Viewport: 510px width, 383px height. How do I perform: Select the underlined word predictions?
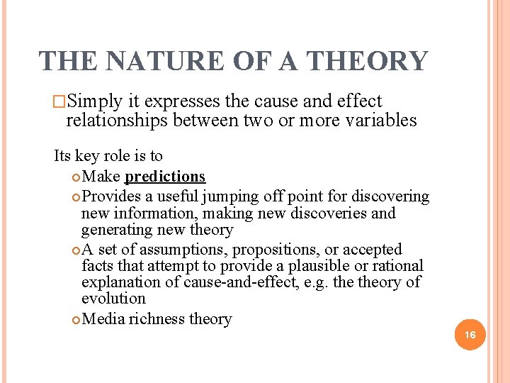tap(164, 177)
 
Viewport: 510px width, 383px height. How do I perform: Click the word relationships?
tap(116, 121)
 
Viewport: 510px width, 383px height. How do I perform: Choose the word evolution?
tap(113, 299)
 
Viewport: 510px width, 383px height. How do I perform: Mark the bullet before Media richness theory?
tap(77, 320)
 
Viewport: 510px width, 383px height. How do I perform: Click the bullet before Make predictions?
tap(77, 177)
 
